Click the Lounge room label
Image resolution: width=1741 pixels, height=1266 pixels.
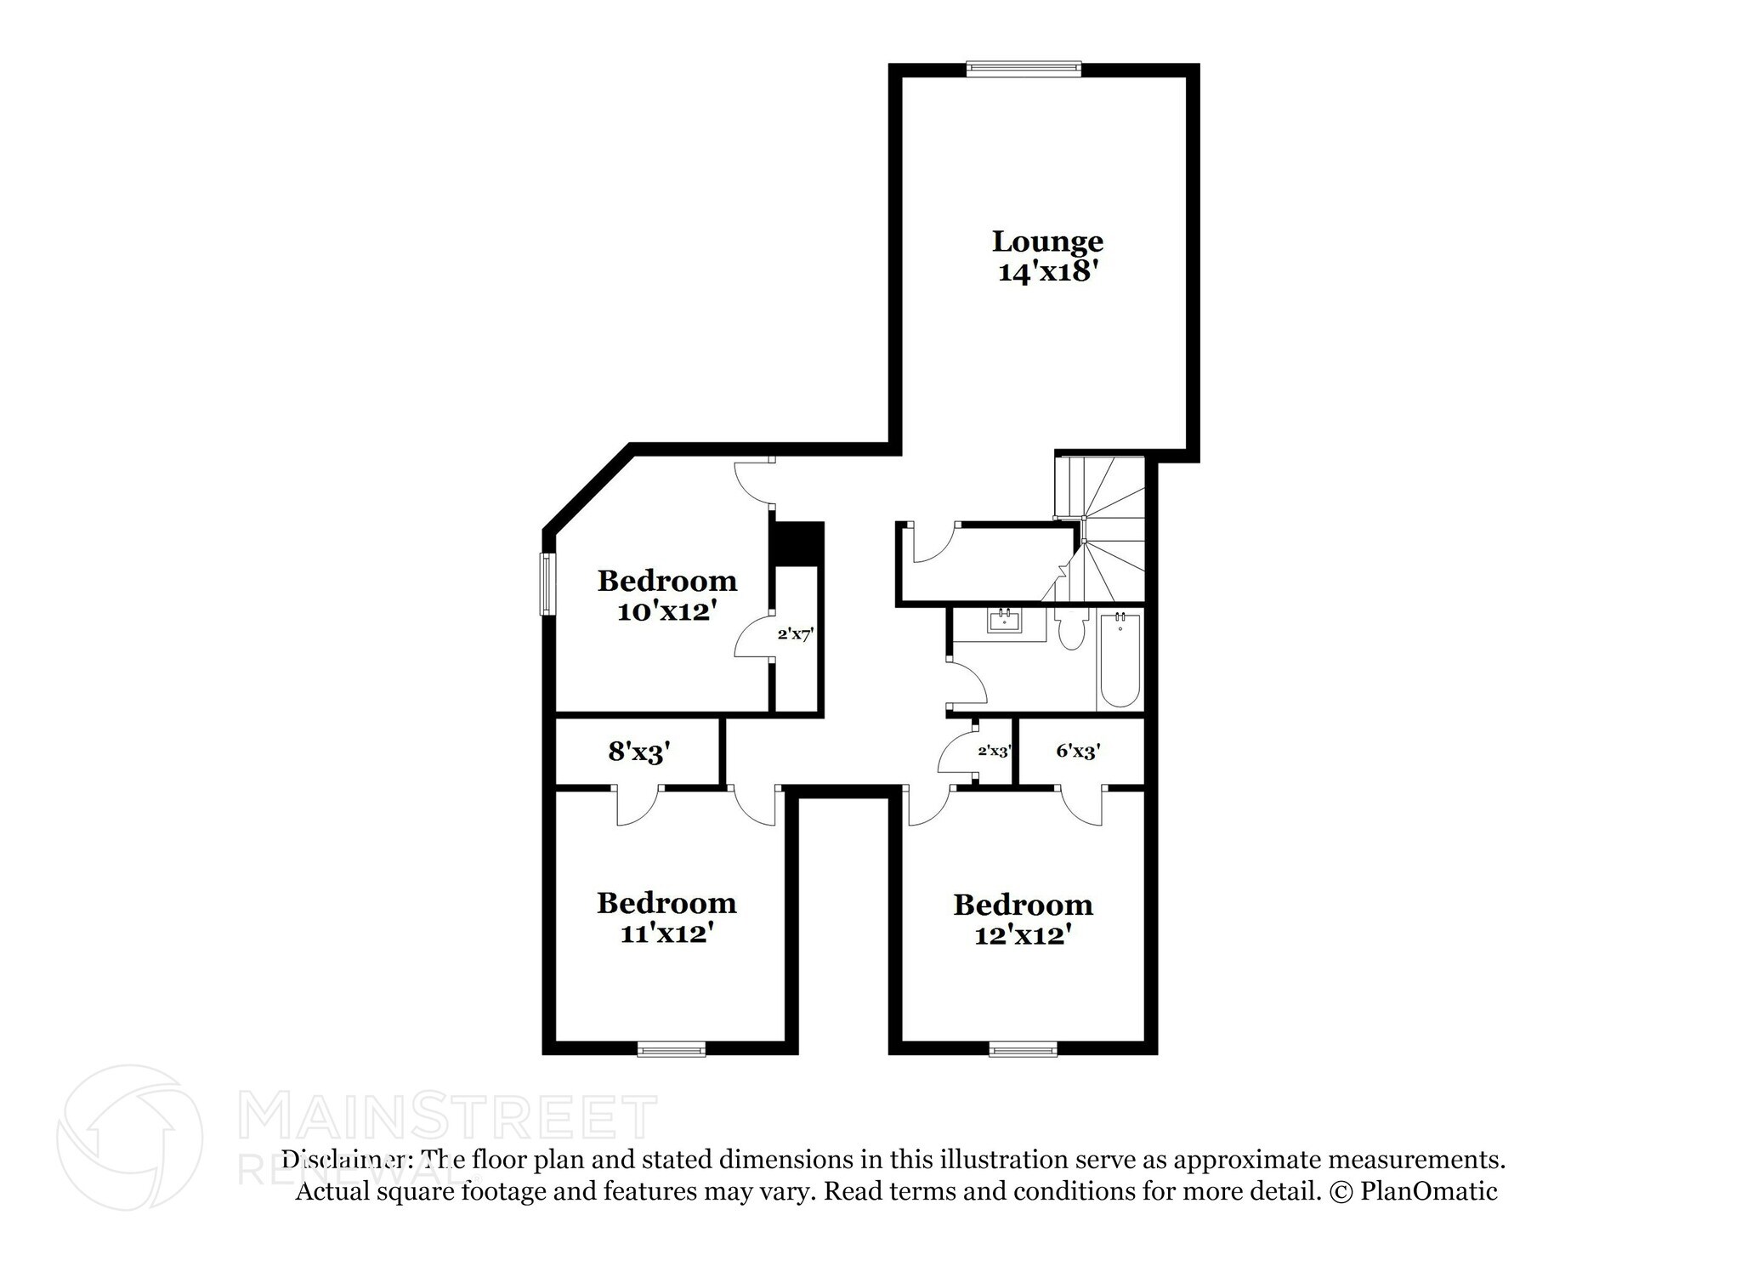click(1047, 241)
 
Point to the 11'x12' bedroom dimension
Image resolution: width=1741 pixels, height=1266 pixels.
click(666, 934)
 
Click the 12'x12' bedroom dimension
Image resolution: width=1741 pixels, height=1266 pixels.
click(1022, 935)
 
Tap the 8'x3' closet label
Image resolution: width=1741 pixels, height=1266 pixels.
click(639, 752)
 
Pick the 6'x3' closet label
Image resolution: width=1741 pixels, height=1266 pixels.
click(1078, 751)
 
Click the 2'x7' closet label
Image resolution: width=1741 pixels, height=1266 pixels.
click(796, 634)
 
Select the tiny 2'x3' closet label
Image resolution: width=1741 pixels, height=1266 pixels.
click(994, 752)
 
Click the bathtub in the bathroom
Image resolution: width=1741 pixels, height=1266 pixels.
click(1119, 660)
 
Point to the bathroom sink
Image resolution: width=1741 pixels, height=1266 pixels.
click(1006, 621)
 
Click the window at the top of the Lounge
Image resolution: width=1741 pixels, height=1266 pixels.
click(1024, 68)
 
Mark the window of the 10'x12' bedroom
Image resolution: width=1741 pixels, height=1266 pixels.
click(548, 584)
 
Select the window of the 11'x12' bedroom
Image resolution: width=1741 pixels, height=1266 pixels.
click(672, 1050)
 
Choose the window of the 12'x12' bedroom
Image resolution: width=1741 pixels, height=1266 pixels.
click(1024, 1050)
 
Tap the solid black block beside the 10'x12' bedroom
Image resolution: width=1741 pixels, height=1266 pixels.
click(797, 542)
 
